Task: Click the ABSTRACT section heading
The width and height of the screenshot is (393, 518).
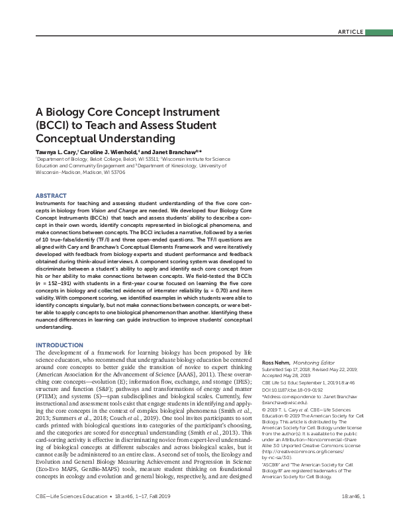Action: pyautogui.click(x=50, y=196)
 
